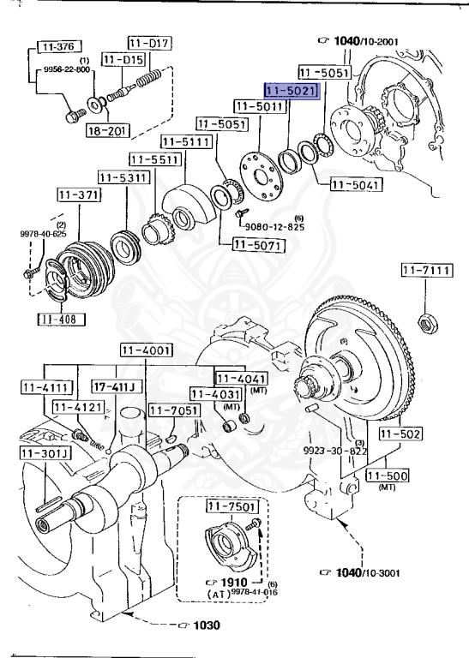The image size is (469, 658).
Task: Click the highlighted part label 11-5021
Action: (291, 90)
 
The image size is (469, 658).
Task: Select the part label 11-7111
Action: (424, 272)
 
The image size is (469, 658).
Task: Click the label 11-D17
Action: (149, 41)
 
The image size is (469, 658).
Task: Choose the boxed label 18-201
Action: (107, 130)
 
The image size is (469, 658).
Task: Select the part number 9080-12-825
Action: (268, 227)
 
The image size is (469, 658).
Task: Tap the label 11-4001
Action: (146, 350)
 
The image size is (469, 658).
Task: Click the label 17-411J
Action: (117, 387)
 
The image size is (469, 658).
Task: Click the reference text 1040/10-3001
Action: (363, 572)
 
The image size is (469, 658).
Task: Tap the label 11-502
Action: (400, 435)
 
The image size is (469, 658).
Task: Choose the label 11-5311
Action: (123, 177)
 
